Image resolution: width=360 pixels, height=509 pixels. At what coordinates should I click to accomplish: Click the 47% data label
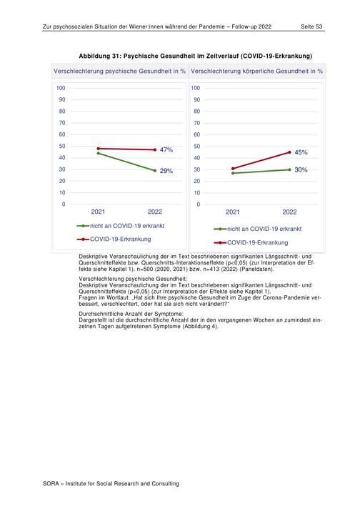click(x=166, y=149)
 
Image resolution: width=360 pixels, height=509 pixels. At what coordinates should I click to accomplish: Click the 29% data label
click(x=166, y=171)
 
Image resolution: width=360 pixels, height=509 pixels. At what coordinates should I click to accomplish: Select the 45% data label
click(x=301, y=152)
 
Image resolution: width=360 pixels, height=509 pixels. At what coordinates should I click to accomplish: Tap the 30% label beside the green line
click(x=301, y=169)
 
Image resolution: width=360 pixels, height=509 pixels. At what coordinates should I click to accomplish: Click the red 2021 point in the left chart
click(x=99, y=149)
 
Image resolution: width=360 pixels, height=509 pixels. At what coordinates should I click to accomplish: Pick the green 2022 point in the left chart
click(x=155, y=170)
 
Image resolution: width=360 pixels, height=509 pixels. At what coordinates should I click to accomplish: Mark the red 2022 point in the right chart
click(x=289, y=152)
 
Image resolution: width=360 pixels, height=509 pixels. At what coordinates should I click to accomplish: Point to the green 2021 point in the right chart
click(x=233, y=173)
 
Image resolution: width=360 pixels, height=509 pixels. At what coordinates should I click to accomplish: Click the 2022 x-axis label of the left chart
click(x=155, y=212)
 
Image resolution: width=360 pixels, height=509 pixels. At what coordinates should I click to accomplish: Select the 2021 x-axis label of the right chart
click(x=233, y=212)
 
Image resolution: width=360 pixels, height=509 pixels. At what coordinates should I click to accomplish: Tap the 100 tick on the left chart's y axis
click(x=61, y=88)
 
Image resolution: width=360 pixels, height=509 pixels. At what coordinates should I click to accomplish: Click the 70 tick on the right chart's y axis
click(x=197, y=123)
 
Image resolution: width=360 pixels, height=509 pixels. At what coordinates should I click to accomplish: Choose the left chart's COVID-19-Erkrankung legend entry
click(x=114, y=239)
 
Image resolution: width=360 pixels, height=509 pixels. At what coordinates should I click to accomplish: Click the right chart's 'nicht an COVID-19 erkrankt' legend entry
click(x=258, y=229)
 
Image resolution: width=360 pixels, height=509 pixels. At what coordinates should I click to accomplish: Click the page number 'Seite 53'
click(x=311, y=26)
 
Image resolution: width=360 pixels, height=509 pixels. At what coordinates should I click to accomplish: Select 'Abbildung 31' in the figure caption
click(x=94, y=56)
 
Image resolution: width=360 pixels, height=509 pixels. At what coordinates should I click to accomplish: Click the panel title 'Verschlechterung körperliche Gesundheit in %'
click(x=257, y=71)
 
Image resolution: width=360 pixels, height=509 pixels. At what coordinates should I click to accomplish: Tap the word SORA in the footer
click(x=51, y=483)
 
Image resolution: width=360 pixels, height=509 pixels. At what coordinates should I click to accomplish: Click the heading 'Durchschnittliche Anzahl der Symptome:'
click(x=131, y=314)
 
